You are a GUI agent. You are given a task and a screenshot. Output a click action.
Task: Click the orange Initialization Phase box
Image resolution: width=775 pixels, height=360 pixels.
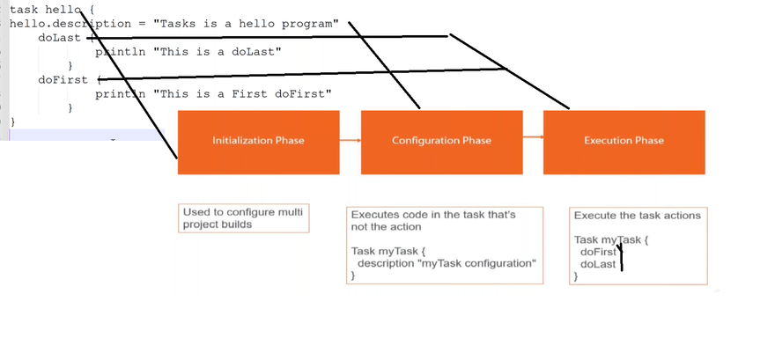[259, 143]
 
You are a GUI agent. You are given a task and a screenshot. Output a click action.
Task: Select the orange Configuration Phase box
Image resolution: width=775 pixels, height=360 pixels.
[442, 143]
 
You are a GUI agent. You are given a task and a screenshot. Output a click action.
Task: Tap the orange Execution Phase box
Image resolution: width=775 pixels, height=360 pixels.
[624, 143]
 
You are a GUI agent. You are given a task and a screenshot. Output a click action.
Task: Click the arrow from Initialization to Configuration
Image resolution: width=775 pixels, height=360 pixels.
[351, 140]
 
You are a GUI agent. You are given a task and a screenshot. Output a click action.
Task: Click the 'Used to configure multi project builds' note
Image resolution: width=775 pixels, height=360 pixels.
[244, 218]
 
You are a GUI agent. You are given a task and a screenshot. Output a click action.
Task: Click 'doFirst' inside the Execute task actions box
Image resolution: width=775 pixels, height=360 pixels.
[598, 252]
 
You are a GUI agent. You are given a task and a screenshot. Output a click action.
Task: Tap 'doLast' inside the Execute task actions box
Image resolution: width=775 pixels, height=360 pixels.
[598, 264]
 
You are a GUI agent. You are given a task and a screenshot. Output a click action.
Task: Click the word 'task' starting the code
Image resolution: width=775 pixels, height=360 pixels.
[24, 10]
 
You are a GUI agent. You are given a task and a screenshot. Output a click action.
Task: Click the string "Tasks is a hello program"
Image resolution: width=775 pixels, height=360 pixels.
[246, 24]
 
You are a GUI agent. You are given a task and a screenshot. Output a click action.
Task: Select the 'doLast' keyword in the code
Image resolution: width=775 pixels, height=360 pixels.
[59, 38]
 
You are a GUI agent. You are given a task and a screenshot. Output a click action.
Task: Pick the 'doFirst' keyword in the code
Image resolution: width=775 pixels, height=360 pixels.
[63, 79]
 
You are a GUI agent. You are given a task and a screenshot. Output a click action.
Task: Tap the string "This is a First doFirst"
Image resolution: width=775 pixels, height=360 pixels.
[243, 93]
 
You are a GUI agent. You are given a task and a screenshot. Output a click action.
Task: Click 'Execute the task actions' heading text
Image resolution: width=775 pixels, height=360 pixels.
[638, 216]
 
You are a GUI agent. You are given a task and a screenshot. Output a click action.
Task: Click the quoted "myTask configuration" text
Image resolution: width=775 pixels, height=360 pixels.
[477, 263]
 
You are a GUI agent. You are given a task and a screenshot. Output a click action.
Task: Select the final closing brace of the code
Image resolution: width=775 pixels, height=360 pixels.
[13, 121]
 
